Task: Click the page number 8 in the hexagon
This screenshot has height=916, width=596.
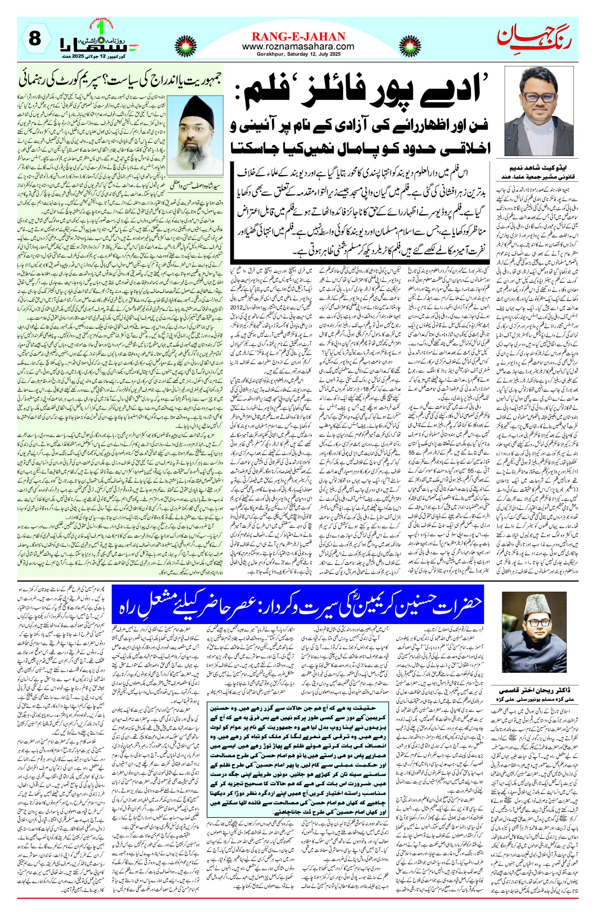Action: (35, 39)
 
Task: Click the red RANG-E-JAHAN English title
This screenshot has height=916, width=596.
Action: (298, 36)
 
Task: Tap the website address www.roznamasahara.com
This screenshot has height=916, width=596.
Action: (298, 47)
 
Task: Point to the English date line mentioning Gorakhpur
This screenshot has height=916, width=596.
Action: (298, 54)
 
